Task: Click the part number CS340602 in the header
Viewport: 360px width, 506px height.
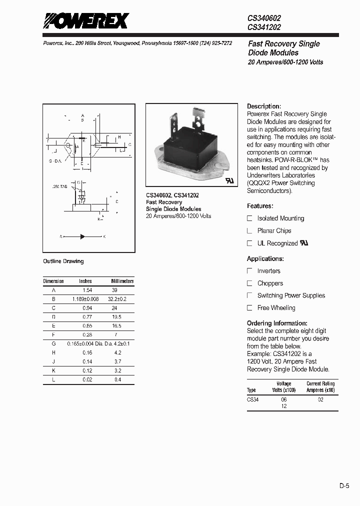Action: pyautogui.click(x=264, y=17)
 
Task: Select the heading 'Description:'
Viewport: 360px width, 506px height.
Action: pyautogui.click(x=264, y=106)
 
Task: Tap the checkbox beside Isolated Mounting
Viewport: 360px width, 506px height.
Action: pyautogui.click(x=250, y=218)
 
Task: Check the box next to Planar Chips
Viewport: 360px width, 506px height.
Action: pyautogui.click(x=250, y=231)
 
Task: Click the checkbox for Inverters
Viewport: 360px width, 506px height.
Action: pyautogui.click(x=250, y=271)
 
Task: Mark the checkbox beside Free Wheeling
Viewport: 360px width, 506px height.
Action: pyautogui.click(x=250, y=308)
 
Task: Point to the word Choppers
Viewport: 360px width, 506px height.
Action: pyautogui.click(x=270, y=283)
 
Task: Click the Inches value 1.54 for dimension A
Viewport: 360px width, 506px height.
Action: pyautogui.click(x=87, y=290)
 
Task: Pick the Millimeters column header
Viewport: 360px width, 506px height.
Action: pyautogui.click(x=122, y=281)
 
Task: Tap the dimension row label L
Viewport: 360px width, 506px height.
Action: pyautogui.click(x=54, y=379)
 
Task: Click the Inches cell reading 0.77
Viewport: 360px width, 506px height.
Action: pyautogui.click(x=87, y=317)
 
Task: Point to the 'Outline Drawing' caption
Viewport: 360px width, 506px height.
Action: pyautogui.click(x=63, y=261)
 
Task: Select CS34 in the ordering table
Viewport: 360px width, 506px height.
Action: pyautogui.click(x=252, y=399)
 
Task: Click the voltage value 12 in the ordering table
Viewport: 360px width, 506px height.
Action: pyautogui.click(x=284, y=406)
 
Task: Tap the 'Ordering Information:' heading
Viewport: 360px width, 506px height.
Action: pyautogui.click(x=277, y=323)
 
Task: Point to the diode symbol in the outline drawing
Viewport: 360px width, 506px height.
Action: pyautogui.click(x=82, y=236)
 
